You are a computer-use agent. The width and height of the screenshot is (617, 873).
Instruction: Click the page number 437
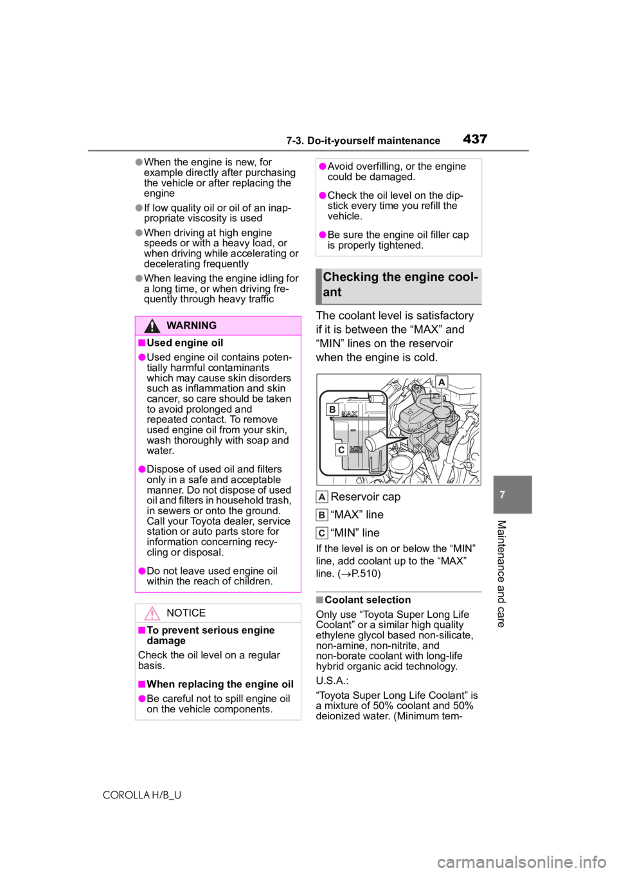click(x=475, y=139)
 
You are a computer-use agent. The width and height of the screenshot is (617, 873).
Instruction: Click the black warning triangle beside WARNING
click(x=152, y=325)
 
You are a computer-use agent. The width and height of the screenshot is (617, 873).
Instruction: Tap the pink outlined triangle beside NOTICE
click(x=152, y=613)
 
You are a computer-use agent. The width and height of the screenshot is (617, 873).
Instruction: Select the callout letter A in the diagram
click(x=442, y=382)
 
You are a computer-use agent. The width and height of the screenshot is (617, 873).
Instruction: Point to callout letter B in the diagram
click(x=332, y=410)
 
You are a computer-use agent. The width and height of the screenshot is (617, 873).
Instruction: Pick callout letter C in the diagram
click(x=341, y=450)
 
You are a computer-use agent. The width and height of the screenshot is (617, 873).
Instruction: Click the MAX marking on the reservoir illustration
click(x=350, y=414)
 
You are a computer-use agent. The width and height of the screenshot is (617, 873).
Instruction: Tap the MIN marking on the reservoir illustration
click(x=355, y=449)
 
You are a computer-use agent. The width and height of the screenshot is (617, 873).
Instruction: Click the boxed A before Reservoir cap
click(x=322, y=498)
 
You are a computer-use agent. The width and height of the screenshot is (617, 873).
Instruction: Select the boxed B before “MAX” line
click(x=322, y=515)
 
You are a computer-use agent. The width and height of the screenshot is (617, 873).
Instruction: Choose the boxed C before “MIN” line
click(x=322, y=533)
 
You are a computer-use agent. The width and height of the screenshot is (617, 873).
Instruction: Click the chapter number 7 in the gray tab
click(x=502, y=495)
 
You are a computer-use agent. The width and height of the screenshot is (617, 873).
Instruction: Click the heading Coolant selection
click(x=368, y=600)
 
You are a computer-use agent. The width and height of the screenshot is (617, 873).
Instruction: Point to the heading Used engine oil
click(x=185, y=343)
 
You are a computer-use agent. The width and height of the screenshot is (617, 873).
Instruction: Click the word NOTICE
click(x=186, y=613)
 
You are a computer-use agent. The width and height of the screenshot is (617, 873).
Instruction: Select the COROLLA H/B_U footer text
click(x=142, y=795)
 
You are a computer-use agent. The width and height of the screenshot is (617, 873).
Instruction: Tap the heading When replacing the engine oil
click(x=220, y=685)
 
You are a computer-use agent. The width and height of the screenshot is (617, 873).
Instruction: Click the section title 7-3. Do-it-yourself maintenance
click(x=363, y=141)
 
